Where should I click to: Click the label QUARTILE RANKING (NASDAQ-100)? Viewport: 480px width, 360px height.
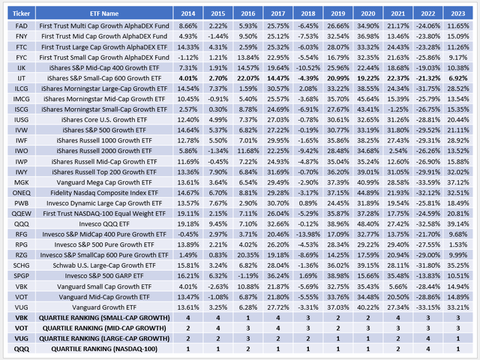[112, 347]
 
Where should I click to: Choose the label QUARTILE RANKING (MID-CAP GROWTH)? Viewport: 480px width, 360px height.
[112, 327]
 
